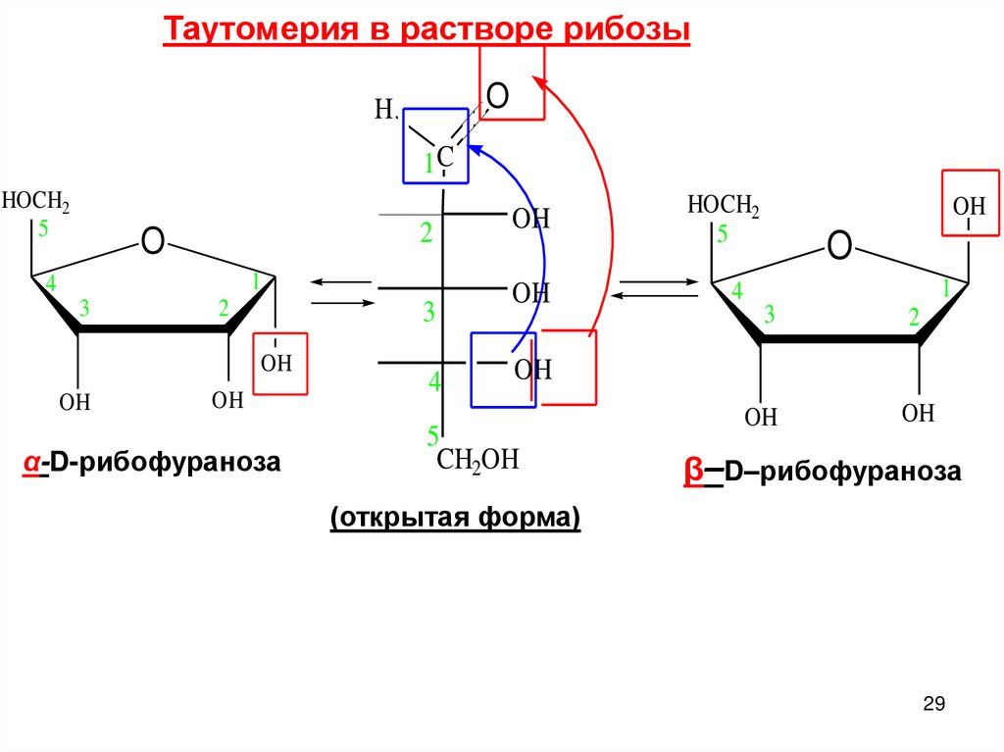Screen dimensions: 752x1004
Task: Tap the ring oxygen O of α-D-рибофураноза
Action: click(152, 240)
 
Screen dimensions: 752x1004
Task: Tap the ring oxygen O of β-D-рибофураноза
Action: click(838, 245)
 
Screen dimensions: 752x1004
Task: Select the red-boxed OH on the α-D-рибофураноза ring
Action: click(277, 364)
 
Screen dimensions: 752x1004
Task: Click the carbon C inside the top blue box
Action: click(444, 156)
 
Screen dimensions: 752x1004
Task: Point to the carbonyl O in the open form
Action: click(497, 96)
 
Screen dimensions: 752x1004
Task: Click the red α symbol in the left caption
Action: click(32, 462)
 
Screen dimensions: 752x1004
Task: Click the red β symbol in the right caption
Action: click(693, 472)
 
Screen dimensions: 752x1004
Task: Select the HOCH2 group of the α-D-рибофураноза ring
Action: click(35, 202)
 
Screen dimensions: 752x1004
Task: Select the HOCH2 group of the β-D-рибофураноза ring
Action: click(724, 206)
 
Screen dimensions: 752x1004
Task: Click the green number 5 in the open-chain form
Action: click(432, 433)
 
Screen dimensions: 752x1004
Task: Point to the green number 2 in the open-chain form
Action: click(427, 233)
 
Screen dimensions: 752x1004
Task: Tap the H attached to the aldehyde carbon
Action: click(385, 109)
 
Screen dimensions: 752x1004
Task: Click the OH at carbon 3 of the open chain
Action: click(531, 292)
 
